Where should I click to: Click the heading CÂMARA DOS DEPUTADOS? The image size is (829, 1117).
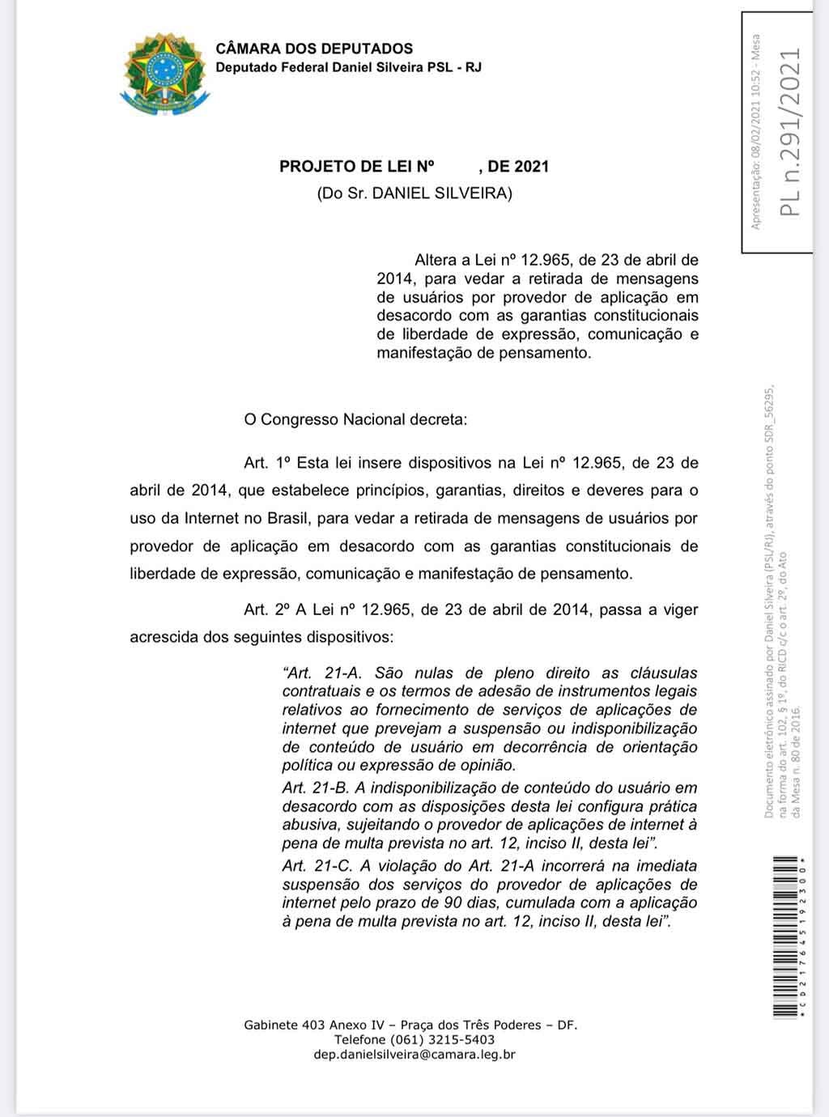(x=314, y=49)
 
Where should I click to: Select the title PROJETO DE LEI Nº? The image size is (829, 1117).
(x=357, y=167)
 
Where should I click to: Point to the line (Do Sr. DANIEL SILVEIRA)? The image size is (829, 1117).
(x=414, y=194)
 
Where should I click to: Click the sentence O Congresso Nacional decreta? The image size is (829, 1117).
(x=355, y=420)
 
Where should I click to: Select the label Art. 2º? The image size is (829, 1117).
(x=267, y=609)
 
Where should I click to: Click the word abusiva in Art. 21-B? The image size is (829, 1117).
(x=307, y=825)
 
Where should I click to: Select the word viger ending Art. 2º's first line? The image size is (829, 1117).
(x=678, y=609)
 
